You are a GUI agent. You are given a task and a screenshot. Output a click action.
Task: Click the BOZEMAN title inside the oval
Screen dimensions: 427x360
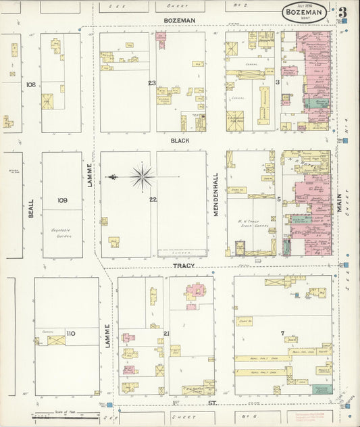pyautogui.click(x=304, y=11)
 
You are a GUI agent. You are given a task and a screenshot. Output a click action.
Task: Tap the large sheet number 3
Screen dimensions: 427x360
pyautogui.click(x=343, y=12)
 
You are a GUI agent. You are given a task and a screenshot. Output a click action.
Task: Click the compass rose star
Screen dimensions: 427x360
pyautogui.click(x=143, y=177)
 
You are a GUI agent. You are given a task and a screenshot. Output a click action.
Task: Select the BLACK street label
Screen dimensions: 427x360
pyautogui.click(x=180, y=141)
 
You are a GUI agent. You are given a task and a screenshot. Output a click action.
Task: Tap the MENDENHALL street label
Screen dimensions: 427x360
pyautogui.click(x=217, y=195)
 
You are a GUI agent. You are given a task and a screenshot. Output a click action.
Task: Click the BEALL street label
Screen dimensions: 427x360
pyautogui.click(x=31, y=207)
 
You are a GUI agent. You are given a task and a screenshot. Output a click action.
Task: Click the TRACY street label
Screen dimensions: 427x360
pyautogui.click(x=183, y=266)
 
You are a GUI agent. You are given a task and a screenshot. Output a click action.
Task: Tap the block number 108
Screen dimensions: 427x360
pyautogui.click(x=30, y=84)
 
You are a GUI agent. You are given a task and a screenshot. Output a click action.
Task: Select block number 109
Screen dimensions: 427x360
pyautogui.click(x=62, y=200)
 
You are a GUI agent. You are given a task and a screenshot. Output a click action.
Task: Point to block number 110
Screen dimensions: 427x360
pyautogui.click(x=71, y=334)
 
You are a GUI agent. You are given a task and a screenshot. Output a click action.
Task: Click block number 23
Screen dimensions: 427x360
pyautogui.click(x=153, y=83)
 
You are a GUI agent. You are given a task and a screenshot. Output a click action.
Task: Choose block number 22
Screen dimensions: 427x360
pyautogui.click(x=153, y=199)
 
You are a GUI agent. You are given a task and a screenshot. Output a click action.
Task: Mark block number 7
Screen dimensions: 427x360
pyautogui.click(x=282, y=333)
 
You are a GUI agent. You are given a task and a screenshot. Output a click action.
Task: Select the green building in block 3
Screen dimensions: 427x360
pyautogui.click(x=317, y=103)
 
